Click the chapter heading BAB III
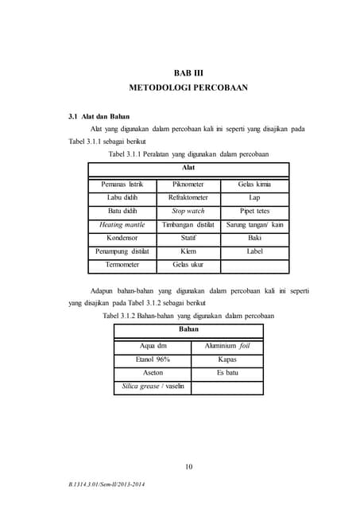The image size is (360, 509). click(x=188, y=73)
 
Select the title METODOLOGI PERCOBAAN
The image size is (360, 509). click(x=188, y=87)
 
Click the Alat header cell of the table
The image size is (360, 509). click(x=188, y=168)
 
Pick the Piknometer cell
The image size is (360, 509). click(x=188, y=184)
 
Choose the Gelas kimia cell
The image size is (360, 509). click(x=254, y=184)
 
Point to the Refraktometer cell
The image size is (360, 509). click(x=188, y=197)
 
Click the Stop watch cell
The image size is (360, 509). click(x=188, y=211)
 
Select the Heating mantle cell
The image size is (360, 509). click(x=122, y=224)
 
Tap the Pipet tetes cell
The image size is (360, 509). click(x=254, y=211)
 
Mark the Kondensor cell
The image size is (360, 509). click(x=122, y=237)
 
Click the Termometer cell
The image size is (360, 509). click(x=122, y=264)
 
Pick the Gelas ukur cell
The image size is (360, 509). click(x=188, y=264)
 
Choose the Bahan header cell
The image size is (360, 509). click(x=188, y=328)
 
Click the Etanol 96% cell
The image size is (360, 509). click(x=153, y=359)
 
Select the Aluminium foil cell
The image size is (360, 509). click(x=227, y=346)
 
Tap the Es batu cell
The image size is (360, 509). click(x=227, y=372)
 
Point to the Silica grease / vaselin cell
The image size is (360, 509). click(x=153, y=386)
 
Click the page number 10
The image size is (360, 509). click(x=188, y=466)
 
